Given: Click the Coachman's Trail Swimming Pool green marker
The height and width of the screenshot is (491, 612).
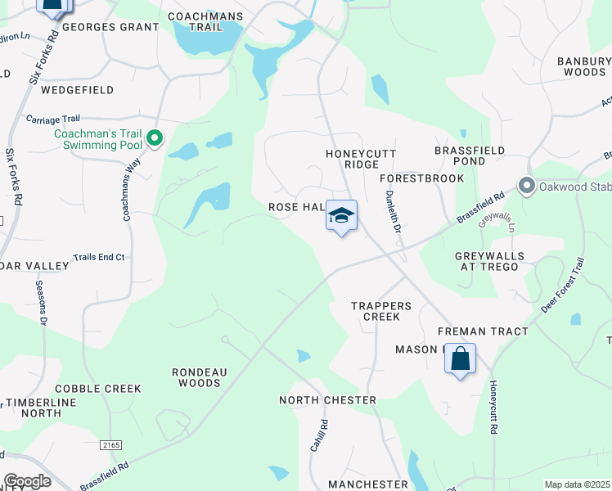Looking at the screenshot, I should pos(155,140).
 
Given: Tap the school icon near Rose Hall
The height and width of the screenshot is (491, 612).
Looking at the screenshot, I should pos(341,216).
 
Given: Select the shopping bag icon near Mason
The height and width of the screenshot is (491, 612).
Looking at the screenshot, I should pos(460,359).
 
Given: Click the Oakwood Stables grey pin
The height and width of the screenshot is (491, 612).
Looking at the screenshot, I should pos(526,186).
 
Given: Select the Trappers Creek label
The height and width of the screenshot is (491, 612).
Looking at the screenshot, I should pos(376,311).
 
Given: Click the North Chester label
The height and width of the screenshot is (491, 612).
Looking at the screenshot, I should pos(327,400).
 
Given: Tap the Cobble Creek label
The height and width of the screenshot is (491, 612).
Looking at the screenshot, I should pos(98,389).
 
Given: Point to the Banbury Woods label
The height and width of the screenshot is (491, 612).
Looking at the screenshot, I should pos(584,66).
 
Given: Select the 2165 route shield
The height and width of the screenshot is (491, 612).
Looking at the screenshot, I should pos(112,444).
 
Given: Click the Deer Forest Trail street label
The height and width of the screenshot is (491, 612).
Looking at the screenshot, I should pos(563,285).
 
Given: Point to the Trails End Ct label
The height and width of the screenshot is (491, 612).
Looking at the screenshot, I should pos(98,257).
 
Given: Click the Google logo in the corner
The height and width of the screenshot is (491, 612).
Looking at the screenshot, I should pos(27,481).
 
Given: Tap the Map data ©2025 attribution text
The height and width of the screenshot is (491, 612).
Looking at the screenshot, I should pos(577,484).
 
